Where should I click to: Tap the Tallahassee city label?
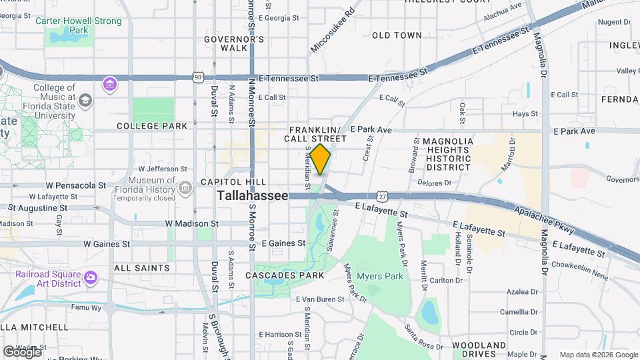[253, 196]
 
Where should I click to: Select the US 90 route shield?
[198, 77]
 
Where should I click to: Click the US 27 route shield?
[381, 196]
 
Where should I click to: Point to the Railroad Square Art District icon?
[91, 277]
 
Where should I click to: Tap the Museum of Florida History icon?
[185, 187]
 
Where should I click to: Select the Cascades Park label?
[294, 275]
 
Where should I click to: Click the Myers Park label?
[381, 276]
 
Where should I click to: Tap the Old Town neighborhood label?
[397, 35]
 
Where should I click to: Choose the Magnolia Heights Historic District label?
[449, 154]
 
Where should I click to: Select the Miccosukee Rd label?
[333, 31]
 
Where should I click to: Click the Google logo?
[22, 351]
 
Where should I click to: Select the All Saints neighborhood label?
[142, 268]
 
